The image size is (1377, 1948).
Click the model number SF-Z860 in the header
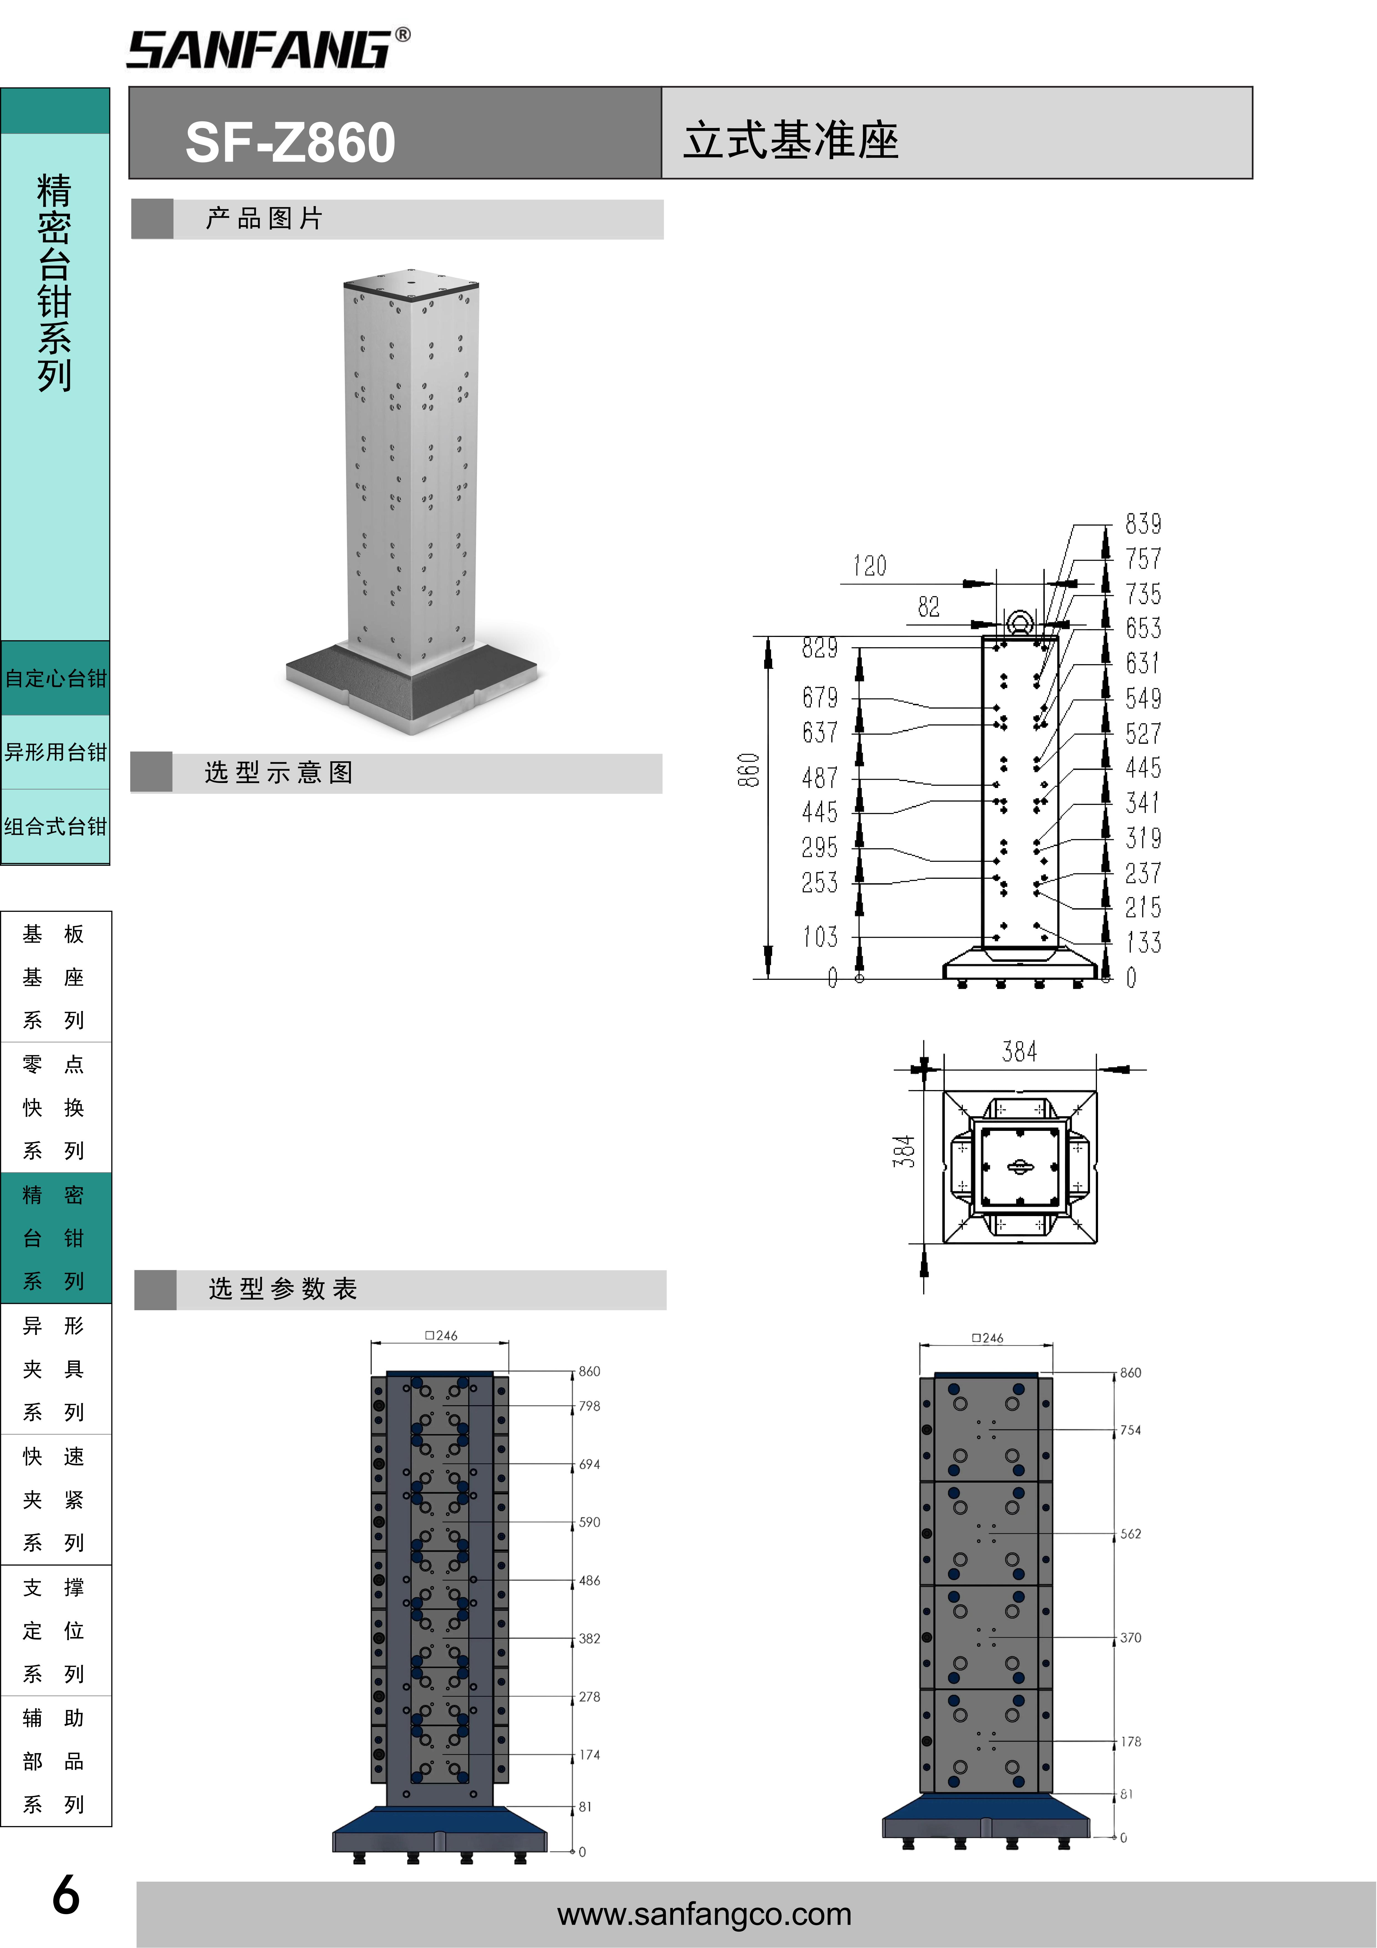(x=290, y=142)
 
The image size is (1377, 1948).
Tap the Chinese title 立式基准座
(x=791, y=140)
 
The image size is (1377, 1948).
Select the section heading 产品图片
(x=264, y=219)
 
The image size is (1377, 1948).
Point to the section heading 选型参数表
(x=283, y=1289)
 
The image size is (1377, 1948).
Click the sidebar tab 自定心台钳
(x=55, y=679)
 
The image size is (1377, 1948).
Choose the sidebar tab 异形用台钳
(x=55, y=752)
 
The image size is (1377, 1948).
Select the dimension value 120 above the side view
(x=870, y=566)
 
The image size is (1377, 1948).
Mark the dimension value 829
(x=820, y=648)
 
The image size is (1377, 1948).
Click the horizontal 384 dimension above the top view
(x=1019, y=1052)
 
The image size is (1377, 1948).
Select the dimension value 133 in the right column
(x=1143, y=943)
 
